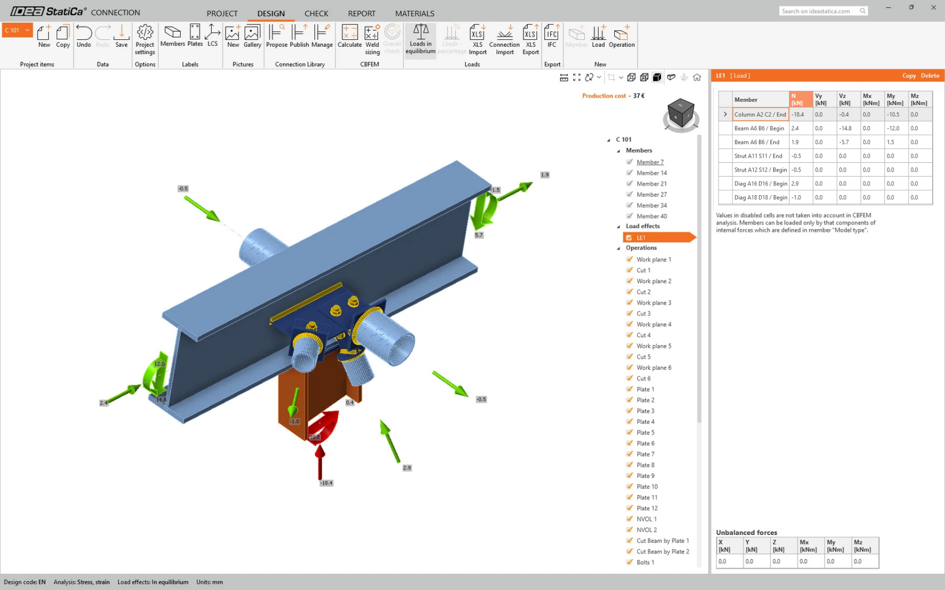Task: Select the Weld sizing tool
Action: (x=372, y=39)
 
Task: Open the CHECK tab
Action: (x=316, y=13)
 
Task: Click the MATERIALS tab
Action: (x=414, y=13)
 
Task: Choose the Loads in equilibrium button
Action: (x=420, y=39)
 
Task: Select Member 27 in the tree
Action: (x=651, y=195)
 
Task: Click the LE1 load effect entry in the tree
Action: (x=641, y=238)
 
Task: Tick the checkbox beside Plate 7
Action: (x=630, y=454)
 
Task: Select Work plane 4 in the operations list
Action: (x=654, y=324)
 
